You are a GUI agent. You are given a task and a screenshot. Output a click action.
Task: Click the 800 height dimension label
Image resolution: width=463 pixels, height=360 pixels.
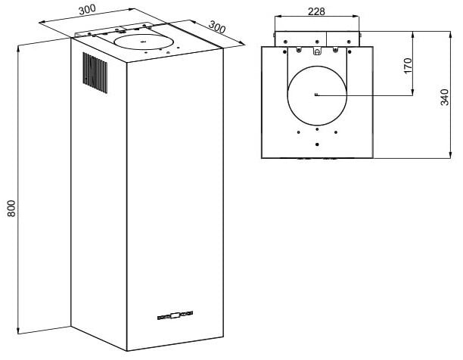[11, 209]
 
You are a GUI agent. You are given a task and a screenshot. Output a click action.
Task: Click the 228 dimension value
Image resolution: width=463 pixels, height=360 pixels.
[316, 11]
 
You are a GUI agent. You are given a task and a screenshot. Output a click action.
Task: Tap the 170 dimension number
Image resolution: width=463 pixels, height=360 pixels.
[408, 66]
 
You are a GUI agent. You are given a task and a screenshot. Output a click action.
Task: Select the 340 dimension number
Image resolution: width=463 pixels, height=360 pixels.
[444, 97]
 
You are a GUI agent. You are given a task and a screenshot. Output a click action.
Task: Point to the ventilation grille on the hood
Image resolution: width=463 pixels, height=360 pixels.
[95, 73]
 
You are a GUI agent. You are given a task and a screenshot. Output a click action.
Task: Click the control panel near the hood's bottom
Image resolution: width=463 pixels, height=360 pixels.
[175, 315]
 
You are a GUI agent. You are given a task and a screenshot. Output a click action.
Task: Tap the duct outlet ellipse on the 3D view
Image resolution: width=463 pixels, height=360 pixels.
[143, 42]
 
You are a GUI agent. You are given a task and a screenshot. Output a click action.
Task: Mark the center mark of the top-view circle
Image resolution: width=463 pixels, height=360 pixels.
[317, 95]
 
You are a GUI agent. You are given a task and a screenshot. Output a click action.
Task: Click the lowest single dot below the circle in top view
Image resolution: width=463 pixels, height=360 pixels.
[317, 144]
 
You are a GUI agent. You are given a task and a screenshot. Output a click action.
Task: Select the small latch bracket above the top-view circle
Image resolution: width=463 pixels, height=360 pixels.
[317, 51]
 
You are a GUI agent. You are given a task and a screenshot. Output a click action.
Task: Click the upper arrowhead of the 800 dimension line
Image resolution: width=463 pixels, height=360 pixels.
[19, 48]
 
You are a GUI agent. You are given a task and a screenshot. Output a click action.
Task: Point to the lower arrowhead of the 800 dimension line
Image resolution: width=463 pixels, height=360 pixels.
[19, 331]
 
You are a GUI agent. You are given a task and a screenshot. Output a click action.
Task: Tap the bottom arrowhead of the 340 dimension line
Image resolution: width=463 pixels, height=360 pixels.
[450, 155]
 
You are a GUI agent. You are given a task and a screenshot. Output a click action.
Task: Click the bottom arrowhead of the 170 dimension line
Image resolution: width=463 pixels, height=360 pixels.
[413, 92]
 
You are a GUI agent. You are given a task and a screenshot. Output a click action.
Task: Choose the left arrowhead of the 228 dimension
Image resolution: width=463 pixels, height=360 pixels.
[278, 17]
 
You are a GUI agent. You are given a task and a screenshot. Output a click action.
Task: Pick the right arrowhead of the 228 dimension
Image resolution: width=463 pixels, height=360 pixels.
[356, 17]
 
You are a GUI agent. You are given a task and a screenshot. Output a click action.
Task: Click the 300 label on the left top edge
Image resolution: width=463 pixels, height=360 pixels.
[87, 10]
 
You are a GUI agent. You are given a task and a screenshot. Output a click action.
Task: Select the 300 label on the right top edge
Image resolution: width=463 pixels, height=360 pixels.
[217, 27]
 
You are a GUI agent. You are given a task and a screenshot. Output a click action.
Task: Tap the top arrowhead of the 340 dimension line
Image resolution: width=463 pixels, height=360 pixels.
[450, 35]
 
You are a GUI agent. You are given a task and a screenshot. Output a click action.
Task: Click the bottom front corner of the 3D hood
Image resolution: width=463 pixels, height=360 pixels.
[127, 351]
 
